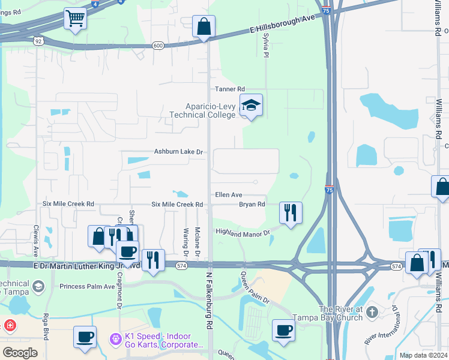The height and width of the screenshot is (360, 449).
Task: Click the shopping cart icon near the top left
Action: pos(75,19)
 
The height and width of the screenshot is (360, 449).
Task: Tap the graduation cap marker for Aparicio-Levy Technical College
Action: pos(251,106)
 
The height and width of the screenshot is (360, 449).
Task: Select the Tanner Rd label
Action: pos(231,89)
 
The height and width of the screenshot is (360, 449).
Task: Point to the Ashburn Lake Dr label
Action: pos(179,152)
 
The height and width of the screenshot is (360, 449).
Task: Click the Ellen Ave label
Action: pos(229,195)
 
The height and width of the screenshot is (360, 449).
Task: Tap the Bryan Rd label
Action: pos(252,205)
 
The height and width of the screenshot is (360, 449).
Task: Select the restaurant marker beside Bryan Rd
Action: pos(291,212)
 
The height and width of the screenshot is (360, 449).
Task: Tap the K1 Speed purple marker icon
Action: pos(116,339)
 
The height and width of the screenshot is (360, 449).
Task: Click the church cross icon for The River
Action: pos(372,312)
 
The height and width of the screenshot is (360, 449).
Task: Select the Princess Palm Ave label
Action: pos(87,286)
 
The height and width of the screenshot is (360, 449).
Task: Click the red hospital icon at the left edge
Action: pos(9,326)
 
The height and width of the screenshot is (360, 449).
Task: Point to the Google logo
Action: pos(20,352)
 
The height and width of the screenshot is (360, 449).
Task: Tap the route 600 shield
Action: pos(158,45)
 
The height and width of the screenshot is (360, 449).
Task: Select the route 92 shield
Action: pos(38,41)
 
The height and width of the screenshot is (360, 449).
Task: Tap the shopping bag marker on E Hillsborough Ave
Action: pos(203,26)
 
